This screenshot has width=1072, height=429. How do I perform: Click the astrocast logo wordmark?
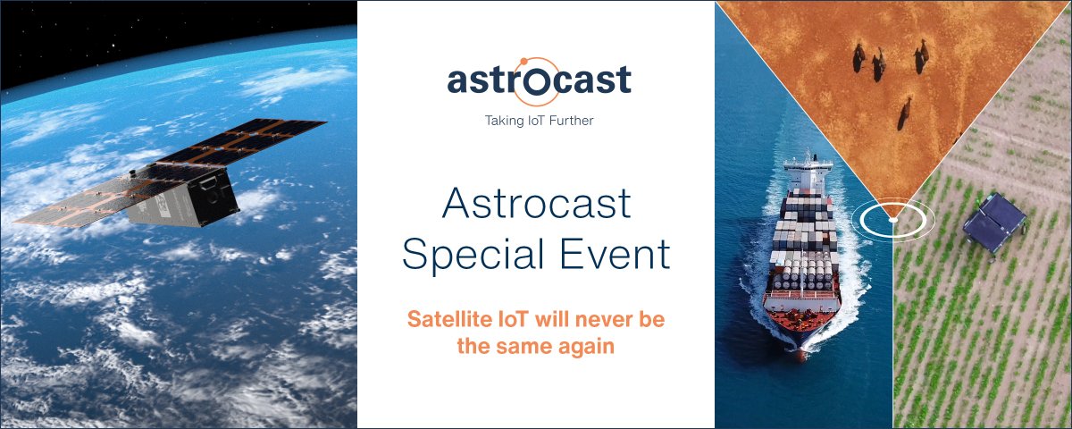click(539, 80)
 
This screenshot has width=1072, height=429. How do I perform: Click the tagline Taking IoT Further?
click(539, 120)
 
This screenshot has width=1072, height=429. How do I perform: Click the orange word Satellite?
click(444, 319)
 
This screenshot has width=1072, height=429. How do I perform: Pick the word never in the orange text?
click(596, 319)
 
